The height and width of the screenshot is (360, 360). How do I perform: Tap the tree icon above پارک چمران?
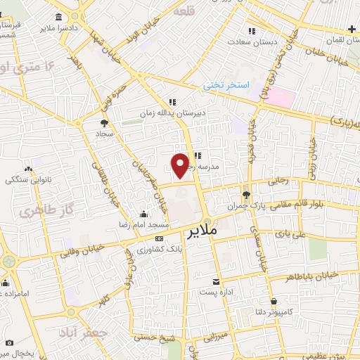tap(245, 195)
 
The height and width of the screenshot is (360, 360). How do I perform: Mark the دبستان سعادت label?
tap(256, 41)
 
